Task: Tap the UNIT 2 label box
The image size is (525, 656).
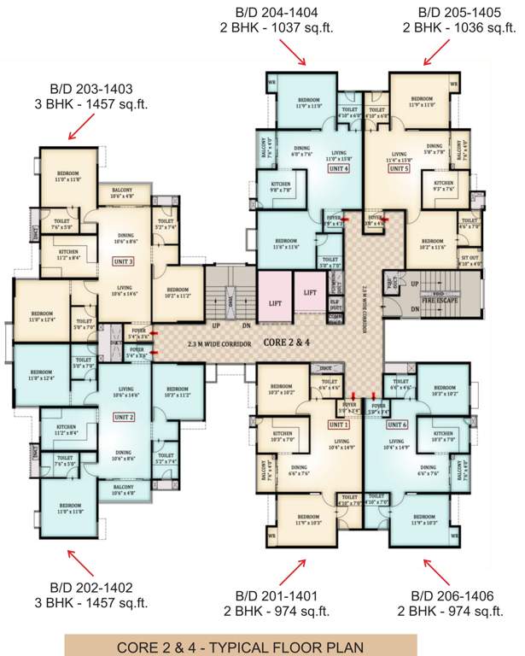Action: [x=125, y=417]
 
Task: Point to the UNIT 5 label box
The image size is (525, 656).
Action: [x=400, y=169]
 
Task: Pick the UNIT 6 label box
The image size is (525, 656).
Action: [x=399, y=425]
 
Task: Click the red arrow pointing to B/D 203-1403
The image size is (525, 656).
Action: [x=84, y=126]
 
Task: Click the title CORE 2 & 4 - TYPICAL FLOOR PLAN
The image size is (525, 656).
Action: [x=242, y=647]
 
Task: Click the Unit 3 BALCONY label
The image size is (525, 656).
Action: [x=122, y=192]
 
